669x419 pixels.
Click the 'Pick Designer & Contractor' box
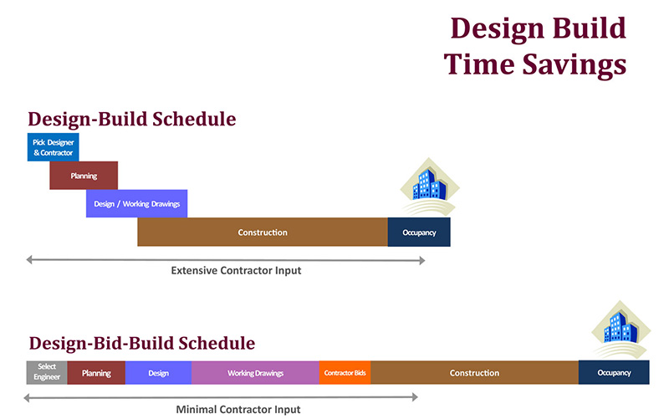53,147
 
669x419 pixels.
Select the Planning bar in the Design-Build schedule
84,176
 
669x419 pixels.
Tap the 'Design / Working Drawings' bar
136,203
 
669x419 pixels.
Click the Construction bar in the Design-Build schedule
263,232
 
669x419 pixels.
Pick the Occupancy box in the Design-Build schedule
419,232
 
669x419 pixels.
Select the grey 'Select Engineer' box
47,372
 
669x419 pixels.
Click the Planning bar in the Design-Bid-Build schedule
96,372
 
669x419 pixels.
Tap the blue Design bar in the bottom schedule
158,372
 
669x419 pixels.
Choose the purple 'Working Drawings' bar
255,372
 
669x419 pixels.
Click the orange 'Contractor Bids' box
345,372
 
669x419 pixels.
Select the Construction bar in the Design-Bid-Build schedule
474,372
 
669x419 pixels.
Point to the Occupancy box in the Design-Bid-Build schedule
614,372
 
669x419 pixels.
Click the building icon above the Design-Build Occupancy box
429,187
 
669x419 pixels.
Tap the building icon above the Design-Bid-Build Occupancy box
620,329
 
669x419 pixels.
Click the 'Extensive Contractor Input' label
236,270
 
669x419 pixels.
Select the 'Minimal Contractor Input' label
238,410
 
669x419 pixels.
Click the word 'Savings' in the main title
575,64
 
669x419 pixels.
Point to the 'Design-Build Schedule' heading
132,119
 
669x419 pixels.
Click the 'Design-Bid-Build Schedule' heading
141,344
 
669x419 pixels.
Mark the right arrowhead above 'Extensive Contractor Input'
422,260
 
